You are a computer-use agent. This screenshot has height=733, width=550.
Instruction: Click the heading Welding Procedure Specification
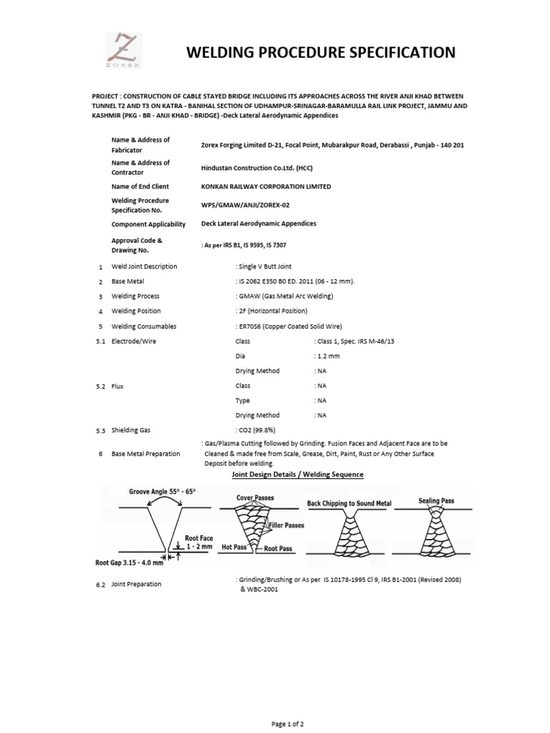[320, 52]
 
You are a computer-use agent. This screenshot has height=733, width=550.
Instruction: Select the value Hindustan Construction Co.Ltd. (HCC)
[258, 168]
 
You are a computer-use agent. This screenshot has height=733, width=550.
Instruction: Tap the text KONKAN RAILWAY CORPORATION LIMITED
[266, 187]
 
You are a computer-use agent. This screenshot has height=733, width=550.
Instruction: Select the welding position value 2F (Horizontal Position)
[271, 311]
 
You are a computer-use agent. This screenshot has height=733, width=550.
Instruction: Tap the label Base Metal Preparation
[146, 454]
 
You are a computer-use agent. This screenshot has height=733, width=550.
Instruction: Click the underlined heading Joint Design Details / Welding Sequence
[297, 475]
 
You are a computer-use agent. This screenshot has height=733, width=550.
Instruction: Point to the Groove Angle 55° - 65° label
[162, 492]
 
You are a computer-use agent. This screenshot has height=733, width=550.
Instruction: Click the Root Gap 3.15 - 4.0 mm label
[129, 563]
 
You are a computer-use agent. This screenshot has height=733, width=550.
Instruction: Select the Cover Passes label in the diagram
[255, 497]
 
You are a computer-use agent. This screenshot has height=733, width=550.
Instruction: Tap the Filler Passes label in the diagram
[287, 525]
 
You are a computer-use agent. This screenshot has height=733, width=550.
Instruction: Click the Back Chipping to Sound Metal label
[349, 503]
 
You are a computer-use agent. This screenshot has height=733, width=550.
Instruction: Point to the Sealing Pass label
[436, 501]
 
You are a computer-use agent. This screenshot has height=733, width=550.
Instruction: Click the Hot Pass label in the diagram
[233, 546]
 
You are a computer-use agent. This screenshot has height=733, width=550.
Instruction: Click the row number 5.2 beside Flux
[100, 386]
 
